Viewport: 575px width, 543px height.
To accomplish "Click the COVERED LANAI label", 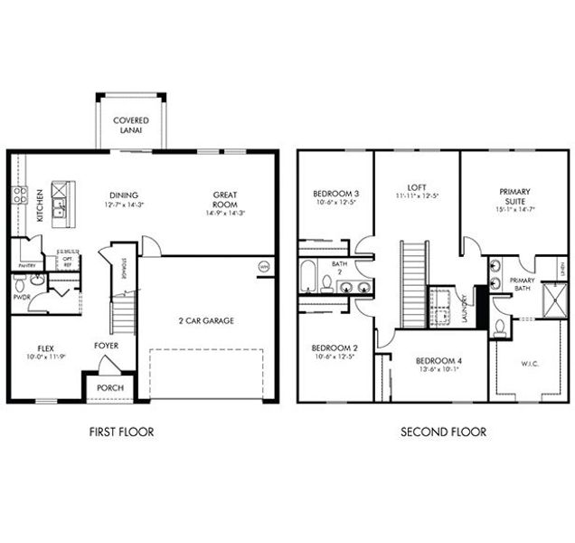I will [131, 126].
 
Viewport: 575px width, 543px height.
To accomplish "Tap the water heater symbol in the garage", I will [265, 266].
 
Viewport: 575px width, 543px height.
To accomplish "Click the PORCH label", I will [110, 388].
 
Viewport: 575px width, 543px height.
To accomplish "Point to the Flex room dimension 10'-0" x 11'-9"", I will [45, 357].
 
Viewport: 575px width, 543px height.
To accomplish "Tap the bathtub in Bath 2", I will [306, 276].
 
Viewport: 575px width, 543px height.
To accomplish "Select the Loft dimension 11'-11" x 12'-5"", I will [416, 195].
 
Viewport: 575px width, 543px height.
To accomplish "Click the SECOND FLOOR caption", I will [443, 432].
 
